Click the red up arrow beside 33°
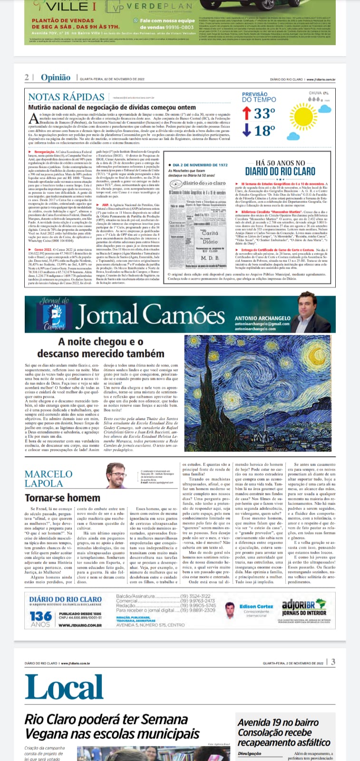point(246,113)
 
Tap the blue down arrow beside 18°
point(246,130)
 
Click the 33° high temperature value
point(264,114)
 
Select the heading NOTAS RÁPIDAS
point(66,97)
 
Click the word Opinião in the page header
point(56,78)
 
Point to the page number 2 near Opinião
point(27,78)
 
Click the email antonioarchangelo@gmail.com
point(262,323)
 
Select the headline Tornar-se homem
point(62,498)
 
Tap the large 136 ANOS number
point(40,616)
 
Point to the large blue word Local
point(64,686)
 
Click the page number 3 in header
point(333,662)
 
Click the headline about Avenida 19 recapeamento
point(284,732)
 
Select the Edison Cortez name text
point(256,606)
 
